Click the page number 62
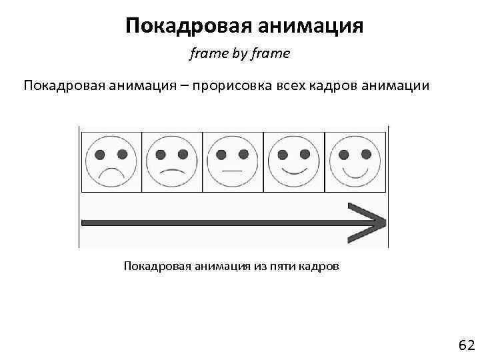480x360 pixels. click(465, 345)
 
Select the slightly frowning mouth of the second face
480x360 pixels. click(172, 170)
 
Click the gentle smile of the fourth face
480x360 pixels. click(294, 169)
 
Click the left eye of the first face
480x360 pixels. click(100, 154)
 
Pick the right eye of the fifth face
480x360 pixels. click(366, 154)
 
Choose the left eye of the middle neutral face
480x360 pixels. click(222, 154)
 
